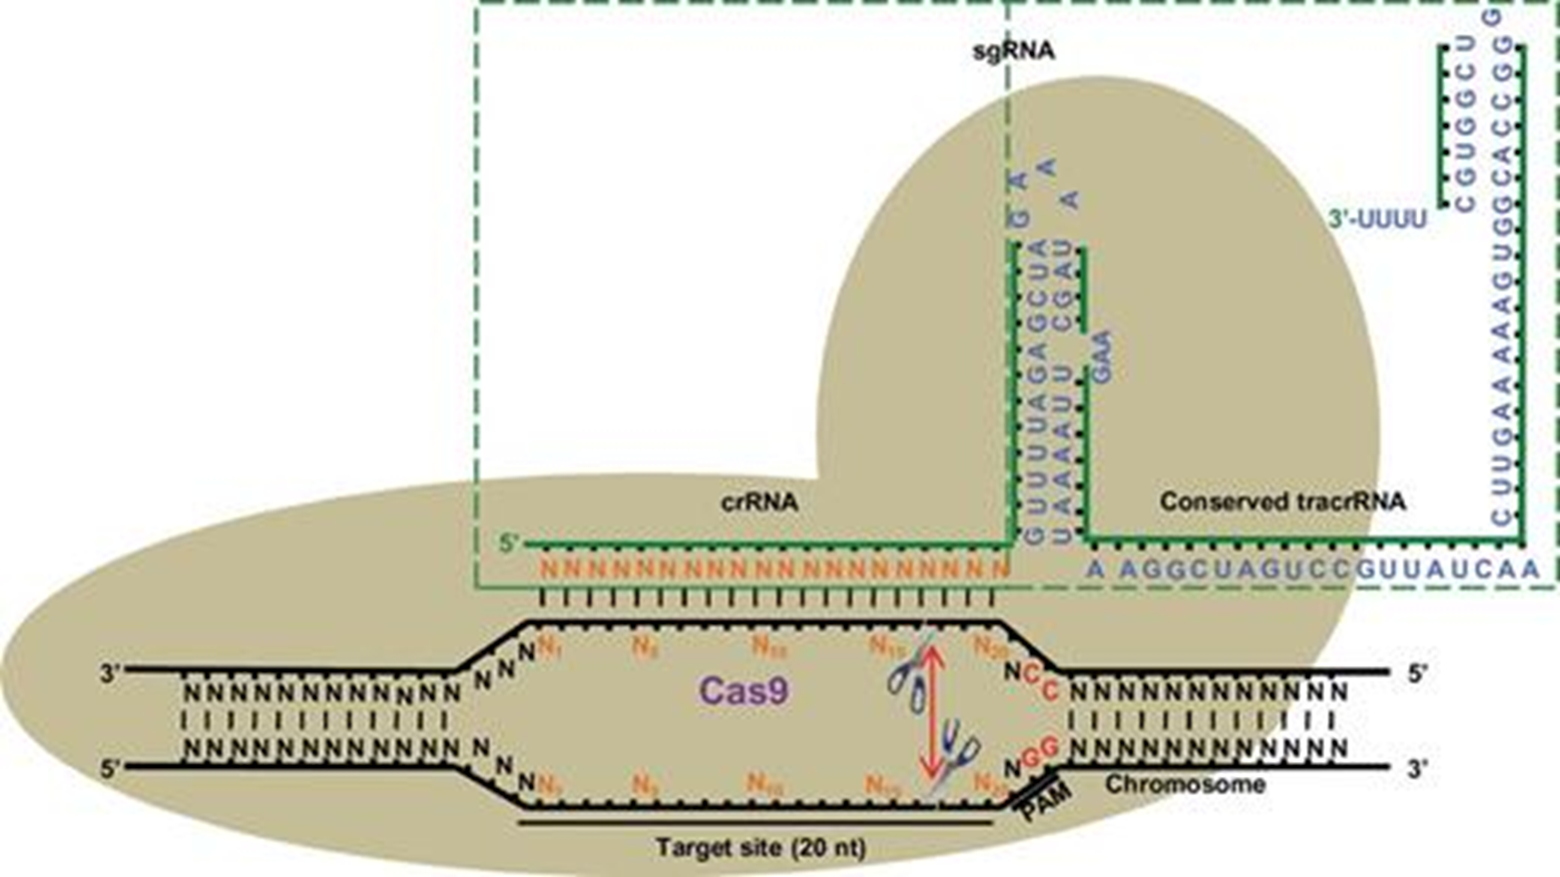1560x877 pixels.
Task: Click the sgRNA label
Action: [1013, 49]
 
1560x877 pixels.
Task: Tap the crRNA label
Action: [760, 502]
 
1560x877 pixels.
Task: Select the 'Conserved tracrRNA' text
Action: [1282, 501]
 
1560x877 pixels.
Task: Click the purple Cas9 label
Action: [741, 690]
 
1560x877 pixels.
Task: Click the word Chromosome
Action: [1185, 784]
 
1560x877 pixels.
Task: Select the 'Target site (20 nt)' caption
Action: [761, 848]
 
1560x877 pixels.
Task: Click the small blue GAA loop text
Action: [1101, 357]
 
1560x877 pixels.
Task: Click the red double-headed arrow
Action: [930, 711]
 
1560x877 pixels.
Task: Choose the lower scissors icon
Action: [957, 755]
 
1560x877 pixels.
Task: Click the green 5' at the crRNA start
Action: [510, 544]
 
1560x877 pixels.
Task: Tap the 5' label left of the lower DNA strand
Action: [109, 768]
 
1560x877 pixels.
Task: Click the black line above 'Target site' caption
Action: [756, 824]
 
